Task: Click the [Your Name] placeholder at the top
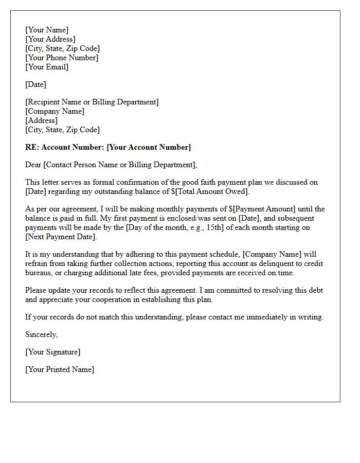[47, 30]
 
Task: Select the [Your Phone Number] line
[62, 58]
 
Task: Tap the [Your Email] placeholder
[47, 67]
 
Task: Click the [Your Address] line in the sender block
[50, 39]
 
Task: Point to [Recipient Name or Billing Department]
[92, 102]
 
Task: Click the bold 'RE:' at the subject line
[32, 147]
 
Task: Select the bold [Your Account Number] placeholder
[149, 147]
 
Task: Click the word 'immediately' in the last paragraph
[260, 317]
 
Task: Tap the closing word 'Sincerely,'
[42, 334]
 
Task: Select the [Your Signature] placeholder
[52, 352]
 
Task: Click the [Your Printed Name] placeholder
[60, 369]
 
